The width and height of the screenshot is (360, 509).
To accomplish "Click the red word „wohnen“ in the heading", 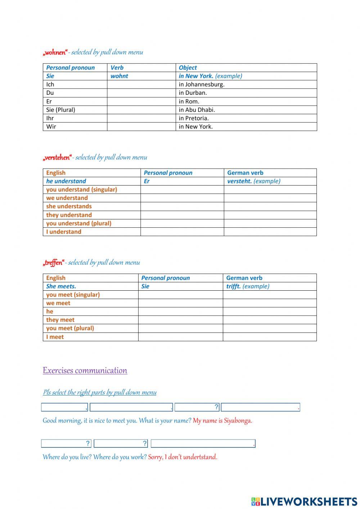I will coord(55,53).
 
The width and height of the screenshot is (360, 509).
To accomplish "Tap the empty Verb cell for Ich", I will coord(141,84).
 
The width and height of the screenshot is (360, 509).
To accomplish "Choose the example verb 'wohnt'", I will coord(119,76).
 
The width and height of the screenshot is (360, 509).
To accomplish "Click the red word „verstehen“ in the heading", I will coord(57,158).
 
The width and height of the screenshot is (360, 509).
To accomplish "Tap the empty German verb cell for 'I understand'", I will coord(270,232).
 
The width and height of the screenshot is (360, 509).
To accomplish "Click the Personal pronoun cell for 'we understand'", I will coord(182,198).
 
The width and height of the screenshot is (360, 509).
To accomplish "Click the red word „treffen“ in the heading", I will coord(54,263).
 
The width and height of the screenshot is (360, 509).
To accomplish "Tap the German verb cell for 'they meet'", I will coord(269,320).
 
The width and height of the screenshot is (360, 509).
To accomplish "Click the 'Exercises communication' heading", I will coord(85,371).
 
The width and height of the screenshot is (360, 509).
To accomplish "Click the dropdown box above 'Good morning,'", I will coord(64,407).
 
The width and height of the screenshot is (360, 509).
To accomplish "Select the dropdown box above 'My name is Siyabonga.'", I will coord(260,407).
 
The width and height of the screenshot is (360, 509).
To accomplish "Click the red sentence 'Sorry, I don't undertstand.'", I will coord(183,457).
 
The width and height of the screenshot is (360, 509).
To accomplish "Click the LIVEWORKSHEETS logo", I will coord(304,501).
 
